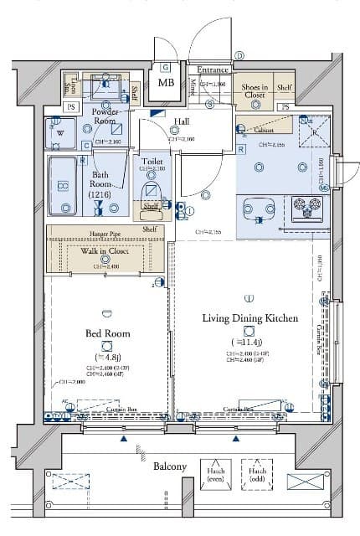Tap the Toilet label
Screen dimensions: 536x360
click(152, 160)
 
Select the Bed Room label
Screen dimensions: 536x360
click(106, 332)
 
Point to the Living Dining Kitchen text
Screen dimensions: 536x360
click(249, 318)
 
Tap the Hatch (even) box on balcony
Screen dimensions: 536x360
click(214, 475)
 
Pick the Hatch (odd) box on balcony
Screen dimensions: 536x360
click(256, 475)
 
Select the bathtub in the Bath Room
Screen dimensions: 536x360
click(63, 186)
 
